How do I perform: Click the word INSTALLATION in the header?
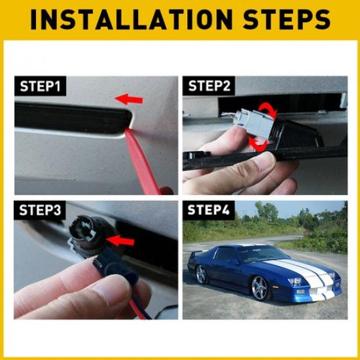pyautogui.click(x=131, y=20)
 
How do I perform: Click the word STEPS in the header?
pyautogui.click(x=288, y=20)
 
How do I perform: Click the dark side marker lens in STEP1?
pyautogui.click(x=72, y=118)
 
